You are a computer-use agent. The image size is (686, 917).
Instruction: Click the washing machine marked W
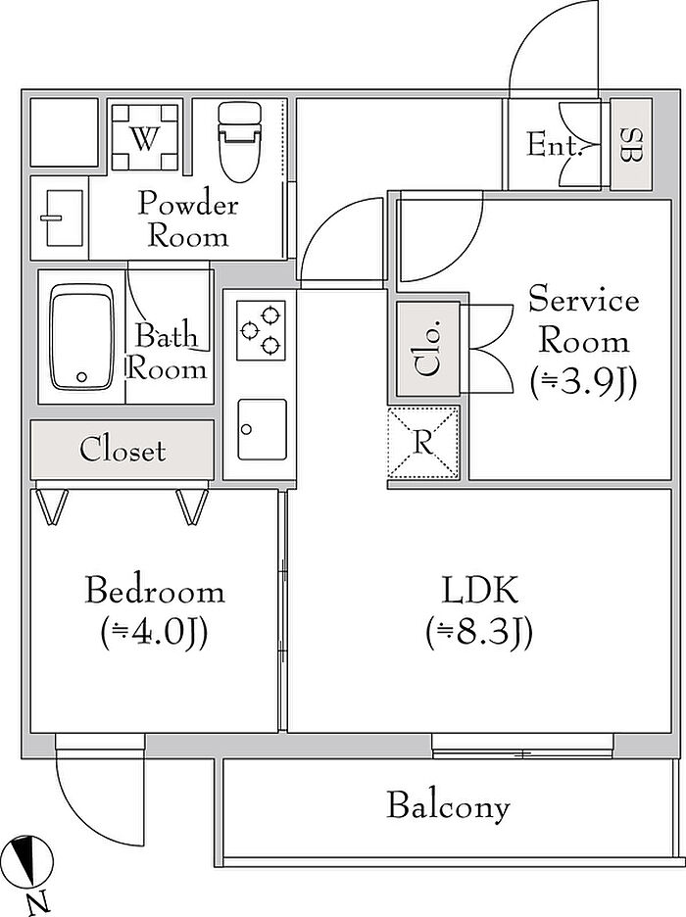(x=143, y=139)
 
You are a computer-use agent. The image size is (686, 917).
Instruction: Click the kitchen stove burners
(x=261, y=329)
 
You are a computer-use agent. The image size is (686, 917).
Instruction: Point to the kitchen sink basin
(x=261, y=429)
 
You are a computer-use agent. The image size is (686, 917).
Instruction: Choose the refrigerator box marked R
(x=422, y=443)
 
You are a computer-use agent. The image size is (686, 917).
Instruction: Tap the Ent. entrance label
(x=555, y=146)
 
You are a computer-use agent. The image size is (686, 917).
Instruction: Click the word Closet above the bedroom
(x=122, y=451)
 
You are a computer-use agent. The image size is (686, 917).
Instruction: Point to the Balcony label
(x=448, y=806)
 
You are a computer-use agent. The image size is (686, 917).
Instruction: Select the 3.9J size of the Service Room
(x=583, y=383)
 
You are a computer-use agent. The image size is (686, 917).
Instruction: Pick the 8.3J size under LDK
(x=479, y=634)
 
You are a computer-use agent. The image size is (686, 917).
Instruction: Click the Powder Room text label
(x=187, y=220)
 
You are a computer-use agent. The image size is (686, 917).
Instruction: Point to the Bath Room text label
(x=168, y=353)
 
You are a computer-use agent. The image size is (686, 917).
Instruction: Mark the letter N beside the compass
(x=36, y=902)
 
